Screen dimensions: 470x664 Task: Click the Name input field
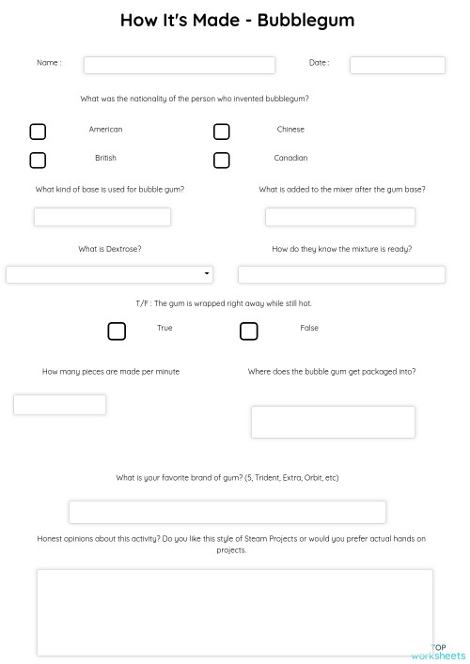pyautogui.click(x=179, y=65)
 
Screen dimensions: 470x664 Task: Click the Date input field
pyautogui.click(x=397, y=65)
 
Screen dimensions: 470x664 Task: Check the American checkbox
pyautogui.click(x=38, y=131)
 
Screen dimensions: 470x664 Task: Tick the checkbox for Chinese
pyautogui.click(x=222, y=131)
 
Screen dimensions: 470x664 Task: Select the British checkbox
pyautogui.click(x=38, y=160)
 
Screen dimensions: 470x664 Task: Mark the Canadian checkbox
pyautogui.click(x=222, y=160)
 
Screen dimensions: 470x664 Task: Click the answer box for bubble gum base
pyautogui.click(x=102, y=217)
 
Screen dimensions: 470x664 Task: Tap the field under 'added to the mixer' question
pyautogui.click(x=339, y=217)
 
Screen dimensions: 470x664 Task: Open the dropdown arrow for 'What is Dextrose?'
pyautogui.click(x=207, y=274)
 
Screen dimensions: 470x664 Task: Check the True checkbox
pyautogui.click(x=117, y=331)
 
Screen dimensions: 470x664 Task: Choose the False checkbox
pyautogui.click(x=249, y=331)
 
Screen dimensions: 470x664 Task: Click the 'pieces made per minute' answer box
pyautogui.click(x=59, y=405)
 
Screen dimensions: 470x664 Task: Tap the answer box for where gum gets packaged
pyautogui.click(x=333, y=422)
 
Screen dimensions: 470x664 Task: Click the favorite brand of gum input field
pyautogui.click(x=227, y=512)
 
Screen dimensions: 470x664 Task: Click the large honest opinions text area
pyautogui.click(x=234, y=612)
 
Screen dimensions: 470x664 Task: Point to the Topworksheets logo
pyautogui.click(x=438, y=652)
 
